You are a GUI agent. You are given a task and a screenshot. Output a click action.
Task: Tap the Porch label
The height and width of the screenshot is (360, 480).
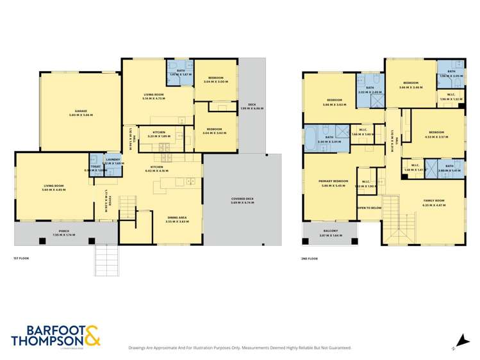coord(63,231)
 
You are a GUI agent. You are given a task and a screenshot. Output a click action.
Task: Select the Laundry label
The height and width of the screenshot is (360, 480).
coord(113,159)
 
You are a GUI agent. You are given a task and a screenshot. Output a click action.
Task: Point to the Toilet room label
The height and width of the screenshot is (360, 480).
coord(95,166)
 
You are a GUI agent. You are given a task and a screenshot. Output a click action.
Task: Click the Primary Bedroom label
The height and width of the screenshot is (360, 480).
coord(333,181)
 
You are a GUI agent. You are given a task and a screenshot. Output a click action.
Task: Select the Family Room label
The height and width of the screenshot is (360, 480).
coord(434,201)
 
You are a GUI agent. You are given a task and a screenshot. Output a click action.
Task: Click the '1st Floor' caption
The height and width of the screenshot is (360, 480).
coord(22,258)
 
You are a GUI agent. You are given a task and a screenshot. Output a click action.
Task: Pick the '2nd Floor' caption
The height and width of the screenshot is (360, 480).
coord(310,258)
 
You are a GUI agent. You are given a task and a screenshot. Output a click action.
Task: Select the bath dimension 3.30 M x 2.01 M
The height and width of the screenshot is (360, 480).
coord(329,142)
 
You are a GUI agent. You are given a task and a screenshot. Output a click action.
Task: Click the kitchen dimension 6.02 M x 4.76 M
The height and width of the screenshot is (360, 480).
coord(156,171)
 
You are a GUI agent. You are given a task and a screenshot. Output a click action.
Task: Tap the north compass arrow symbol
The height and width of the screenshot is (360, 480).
coord(454,347)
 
